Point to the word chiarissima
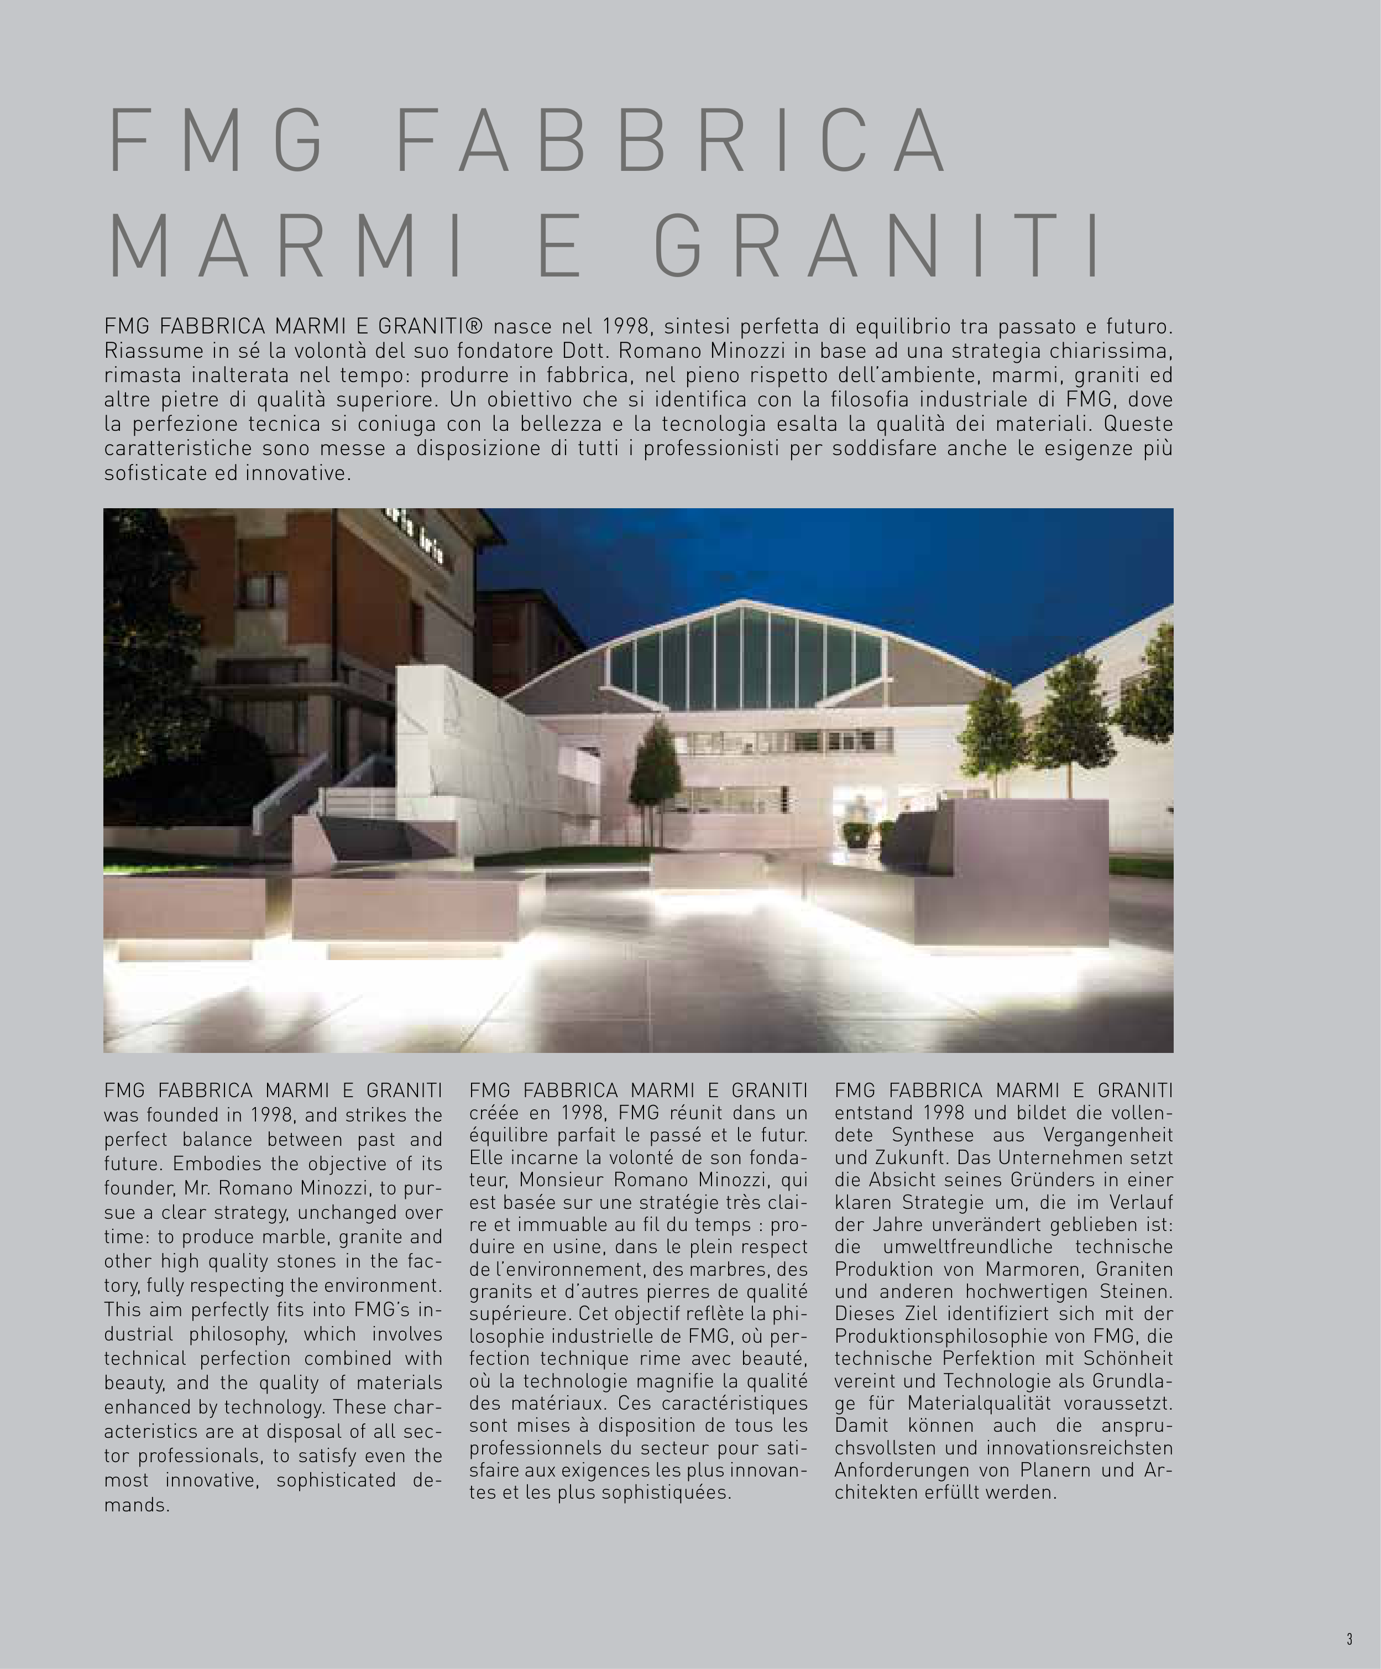click(x=1111, y=351)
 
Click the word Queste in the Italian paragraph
click(x=1138, y=424)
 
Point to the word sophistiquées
click(x=666, y=1493)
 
